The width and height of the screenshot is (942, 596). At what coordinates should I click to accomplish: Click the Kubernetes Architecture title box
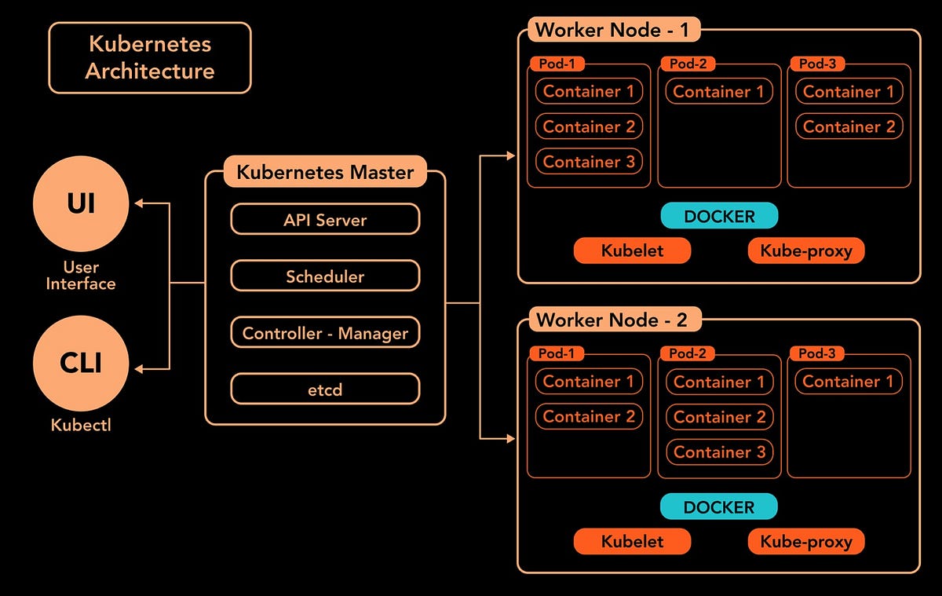click(x=150, y=57)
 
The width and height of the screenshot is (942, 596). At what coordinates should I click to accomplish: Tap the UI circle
click(x=80, y=204)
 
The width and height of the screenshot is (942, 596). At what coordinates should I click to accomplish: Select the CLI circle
click(x=80, y=364)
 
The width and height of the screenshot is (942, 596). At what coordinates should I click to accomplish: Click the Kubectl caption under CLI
click(x=80, y=425)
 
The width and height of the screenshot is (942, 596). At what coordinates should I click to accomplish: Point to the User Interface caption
click(x=80, y=276)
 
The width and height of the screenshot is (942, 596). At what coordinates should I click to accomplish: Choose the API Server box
click(x=325, y=220)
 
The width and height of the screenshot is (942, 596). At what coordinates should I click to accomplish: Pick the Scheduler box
click(x=325, y=276)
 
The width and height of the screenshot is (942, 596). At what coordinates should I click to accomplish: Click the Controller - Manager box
click(x=325, y=333)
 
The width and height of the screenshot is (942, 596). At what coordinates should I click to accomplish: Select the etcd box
click(x=325, y=389)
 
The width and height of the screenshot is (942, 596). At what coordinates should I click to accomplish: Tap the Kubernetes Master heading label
click(x=325, y=171)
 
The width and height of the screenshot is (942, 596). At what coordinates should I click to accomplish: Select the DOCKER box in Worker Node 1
click(x=719, y=216)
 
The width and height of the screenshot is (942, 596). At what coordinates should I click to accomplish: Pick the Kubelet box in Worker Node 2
click(x=632, y=541)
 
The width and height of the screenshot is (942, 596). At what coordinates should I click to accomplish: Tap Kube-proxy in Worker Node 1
click(x=805, y=250)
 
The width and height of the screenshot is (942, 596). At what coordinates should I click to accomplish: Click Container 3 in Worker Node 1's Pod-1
click(x=589, y=161)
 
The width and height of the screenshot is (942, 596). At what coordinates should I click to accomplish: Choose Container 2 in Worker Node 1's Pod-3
click(x=849, y=126)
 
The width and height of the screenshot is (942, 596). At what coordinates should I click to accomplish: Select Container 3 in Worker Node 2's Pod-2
click(x=719, y=452)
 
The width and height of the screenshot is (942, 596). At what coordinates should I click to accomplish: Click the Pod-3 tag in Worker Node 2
click(x=816, y=353)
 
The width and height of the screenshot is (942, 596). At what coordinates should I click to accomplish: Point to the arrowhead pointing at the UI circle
click(x=139, y=203)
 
